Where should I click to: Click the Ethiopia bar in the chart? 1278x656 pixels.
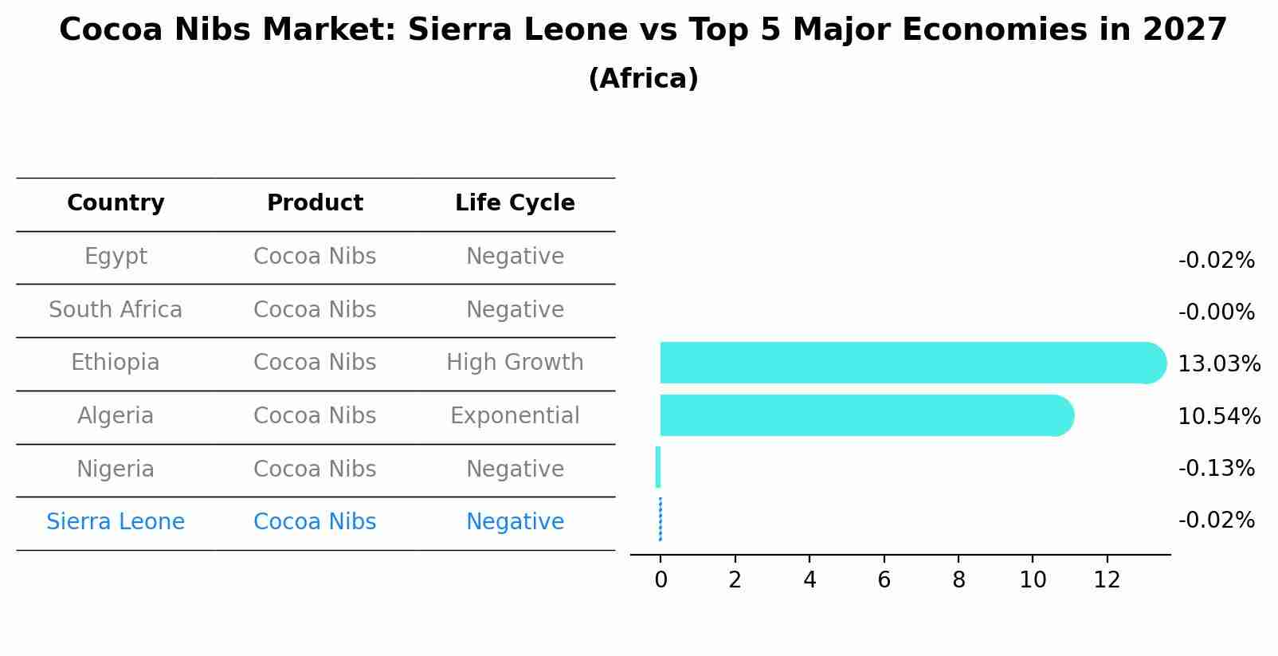[x=908, y=363]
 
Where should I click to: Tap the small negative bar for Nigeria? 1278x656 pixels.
[x=658, y=467]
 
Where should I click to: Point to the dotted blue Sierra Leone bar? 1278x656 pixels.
[x=661, y=520]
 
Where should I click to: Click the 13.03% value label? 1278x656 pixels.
[x=1218, y=364]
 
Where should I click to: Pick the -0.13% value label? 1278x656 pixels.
[x=1216, y=469]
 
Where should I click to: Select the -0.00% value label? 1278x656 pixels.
[x=1216, y=312]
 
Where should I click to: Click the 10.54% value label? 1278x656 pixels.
[x=1218, y=417]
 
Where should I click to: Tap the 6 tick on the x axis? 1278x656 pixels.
[x=884, y=580]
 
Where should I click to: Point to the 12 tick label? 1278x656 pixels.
[x=1107, y=580]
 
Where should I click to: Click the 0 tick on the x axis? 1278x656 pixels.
[x=661, y=580]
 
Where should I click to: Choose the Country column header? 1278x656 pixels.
[x=116, y=203]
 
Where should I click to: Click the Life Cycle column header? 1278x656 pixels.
[x=515, y=203]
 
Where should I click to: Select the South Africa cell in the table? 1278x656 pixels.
[x=116, y=310]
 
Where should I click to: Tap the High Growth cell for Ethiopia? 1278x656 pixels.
[x=515, y=363]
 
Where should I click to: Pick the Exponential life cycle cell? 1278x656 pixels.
[x=515, y=416]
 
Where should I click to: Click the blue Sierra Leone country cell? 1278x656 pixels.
[x=116, y=522]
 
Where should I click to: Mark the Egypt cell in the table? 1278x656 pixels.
[x=116, y=257]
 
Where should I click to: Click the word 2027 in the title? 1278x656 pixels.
[x=1184, y=30]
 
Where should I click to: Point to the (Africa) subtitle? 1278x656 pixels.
[x=643, y=79]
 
